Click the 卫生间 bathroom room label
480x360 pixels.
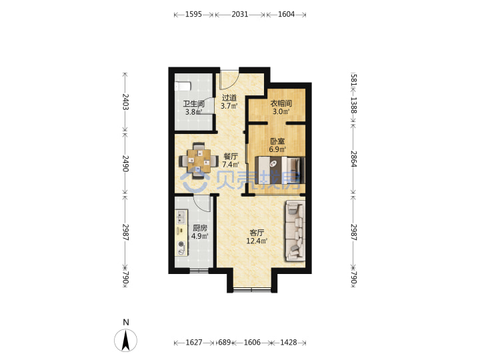point(193,104)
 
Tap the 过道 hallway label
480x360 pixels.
point(229,98)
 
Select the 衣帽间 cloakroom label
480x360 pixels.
point(281,103)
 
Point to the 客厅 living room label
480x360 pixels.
point(257,233)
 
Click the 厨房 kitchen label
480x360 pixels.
point(200,228)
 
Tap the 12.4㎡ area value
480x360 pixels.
point(257,241)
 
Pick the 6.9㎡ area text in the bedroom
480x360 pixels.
point(277,149)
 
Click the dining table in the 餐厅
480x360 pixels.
point(199,161)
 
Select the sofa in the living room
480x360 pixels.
point(295,231)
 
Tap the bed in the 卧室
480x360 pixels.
point(280,170)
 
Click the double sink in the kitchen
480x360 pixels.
point(181,217)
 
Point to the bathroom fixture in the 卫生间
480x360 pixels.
point(183,86)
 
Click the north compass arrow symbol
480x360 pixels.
point(126,341)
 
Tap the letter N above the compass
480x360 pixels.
point(126,322)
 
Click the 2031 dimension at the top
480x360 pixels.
point(240,14)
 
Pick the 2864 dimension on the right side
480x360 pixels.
point(354,159)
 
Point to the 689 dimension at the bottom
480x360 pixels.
point(224,342)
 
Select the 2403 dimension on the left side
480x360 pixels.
point(125,101)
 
